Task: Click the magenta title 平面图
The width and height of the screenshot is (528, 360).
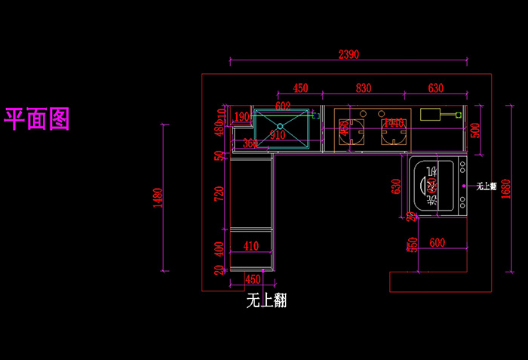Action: [x=38, y=118]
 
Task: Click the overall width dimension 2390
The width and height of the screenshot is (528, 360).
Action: [x=348, y=54]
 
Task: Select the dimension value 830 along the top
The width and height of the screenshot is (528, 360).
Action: [x=364, y=88]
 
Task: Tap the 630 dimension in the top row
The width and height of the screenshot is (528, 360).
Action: [x=435, y=88]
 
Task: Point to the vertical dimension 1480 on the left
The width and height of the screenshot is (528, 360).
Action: [x=158, y=198]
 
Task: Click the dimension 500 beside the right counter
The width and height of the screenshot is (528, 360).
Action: [x=474, y=128]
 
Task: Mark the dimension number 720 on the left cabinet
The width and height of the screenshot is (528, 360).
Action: [x=219, y=195]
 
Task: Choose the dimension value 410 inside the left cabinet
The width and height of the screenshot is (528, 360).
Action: [x=250, y=245]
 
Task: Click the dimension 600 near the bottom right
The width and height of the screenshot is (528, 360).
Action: [x=437, y=242]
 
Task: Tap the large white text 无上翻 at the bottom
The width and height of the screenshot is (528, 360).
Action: [x=266, y=300]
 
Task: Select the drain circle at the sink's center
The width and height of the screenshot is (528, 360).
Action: [x=280, y=126]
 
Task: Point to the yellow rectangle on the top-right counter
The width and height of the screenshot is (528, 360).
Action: [x=431, y=115]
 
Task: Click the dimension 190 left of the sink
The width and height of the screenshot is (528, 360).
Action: [x=241, y=117]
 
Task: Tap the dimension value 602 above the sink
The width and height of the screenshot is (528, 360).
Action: [x=283, y=106]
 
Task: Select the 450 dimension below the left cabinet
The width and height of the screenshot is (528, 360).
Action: [x=253, y=280]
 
